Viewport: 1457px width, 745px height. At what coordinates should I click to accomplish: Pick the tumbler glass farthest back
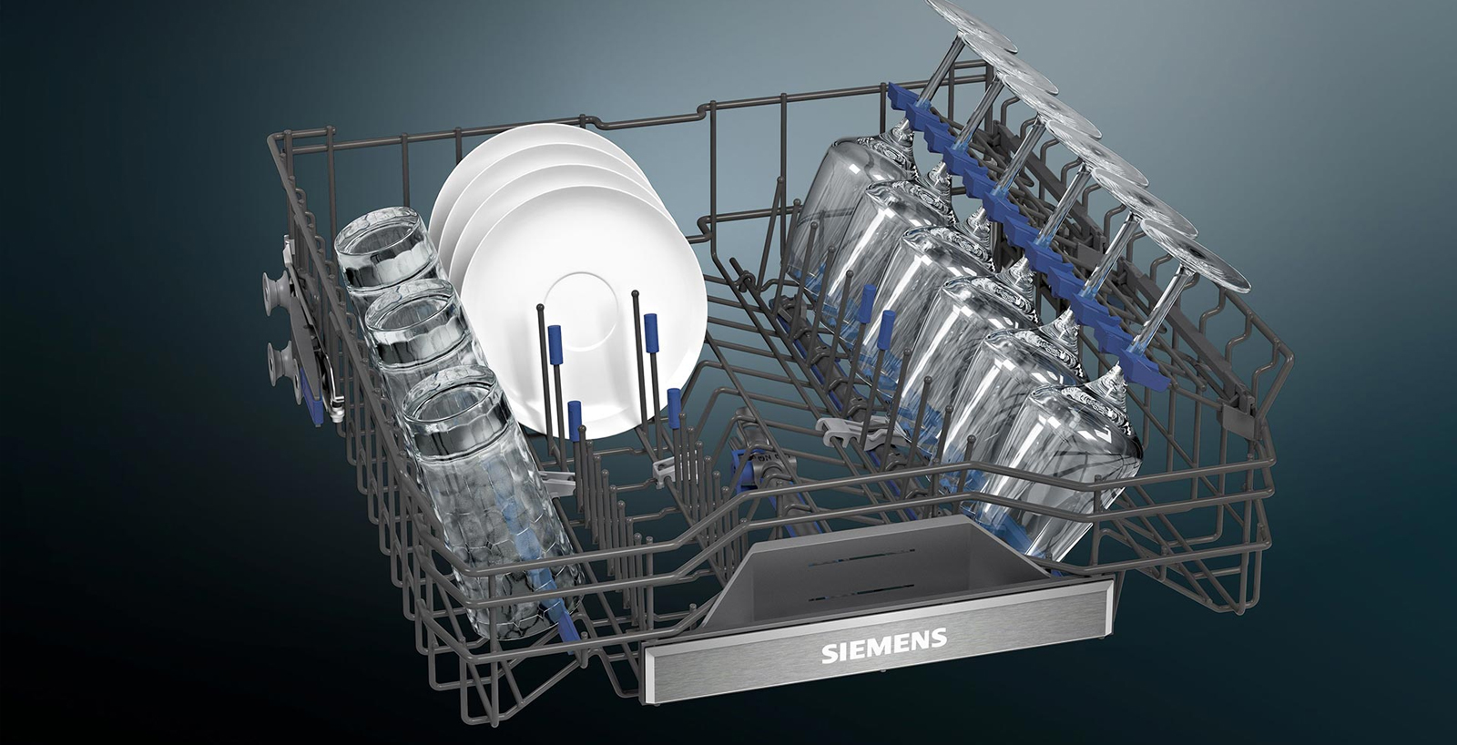pyautogui.click(x=387, y=257)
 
